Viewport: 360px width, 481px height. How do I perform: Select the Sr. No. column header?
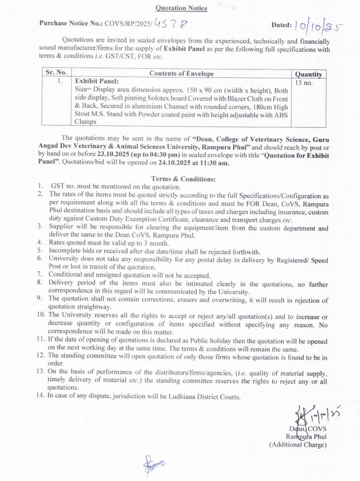tap(57, 74)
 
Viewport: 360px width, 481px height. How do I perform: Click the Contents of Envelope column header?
tap(182, 74)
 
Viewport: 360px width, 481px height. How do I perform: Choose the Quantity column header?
tap(308, 75)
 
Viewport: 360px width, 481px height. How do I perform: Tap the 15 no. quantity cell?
tap(303, 84)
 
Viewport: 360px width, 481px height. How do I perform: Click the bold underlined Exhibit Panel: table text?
tap(97, 82)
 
